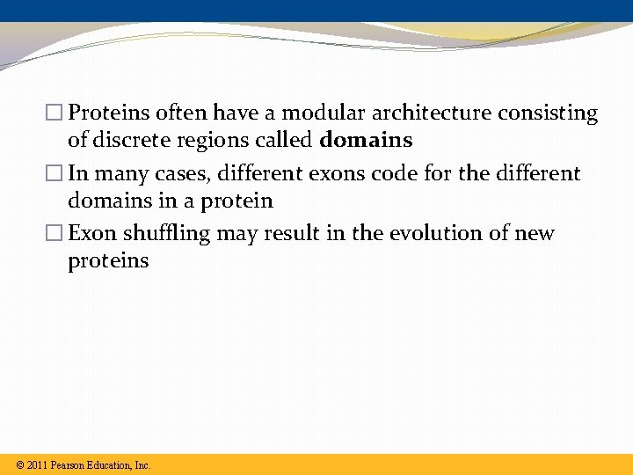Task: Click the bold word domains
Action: [366, 141]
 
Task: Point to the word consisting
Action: [548, 113]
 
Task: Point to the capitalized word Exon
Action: [91, 234]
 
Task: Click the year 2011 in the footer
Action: [37, 465]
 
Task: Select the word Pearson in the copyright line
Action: [68, 465]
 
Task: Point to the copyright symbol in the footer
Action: [19, 465]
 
